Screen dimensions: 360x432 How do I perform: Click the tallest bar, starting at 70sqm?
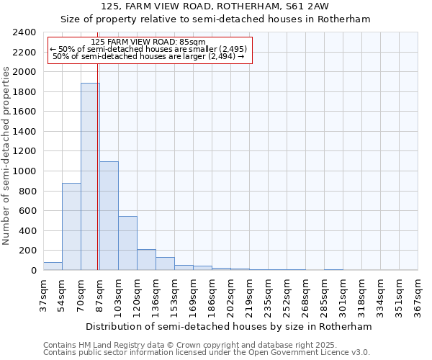[x=90, y=176]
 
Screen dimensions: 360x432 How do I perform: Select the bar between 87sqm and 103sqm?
[x=109, y=216]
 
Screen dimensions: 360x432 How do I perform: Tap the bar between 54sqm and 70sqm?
[x=71, y=227]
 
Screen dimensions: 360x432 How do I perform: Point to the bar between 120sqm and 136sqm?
[x=146, y=260]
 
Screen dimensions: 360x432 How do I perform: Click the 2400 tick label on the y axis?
[x=24, y=32]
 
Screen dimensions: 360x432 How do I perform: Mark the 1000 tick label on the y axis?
[x=24, y=171]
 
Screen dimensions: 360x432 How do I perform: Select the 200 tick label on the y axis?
[x=27, y=251]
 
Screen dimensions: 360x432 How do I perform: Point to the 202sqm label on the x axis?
[x=230, y=293]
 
